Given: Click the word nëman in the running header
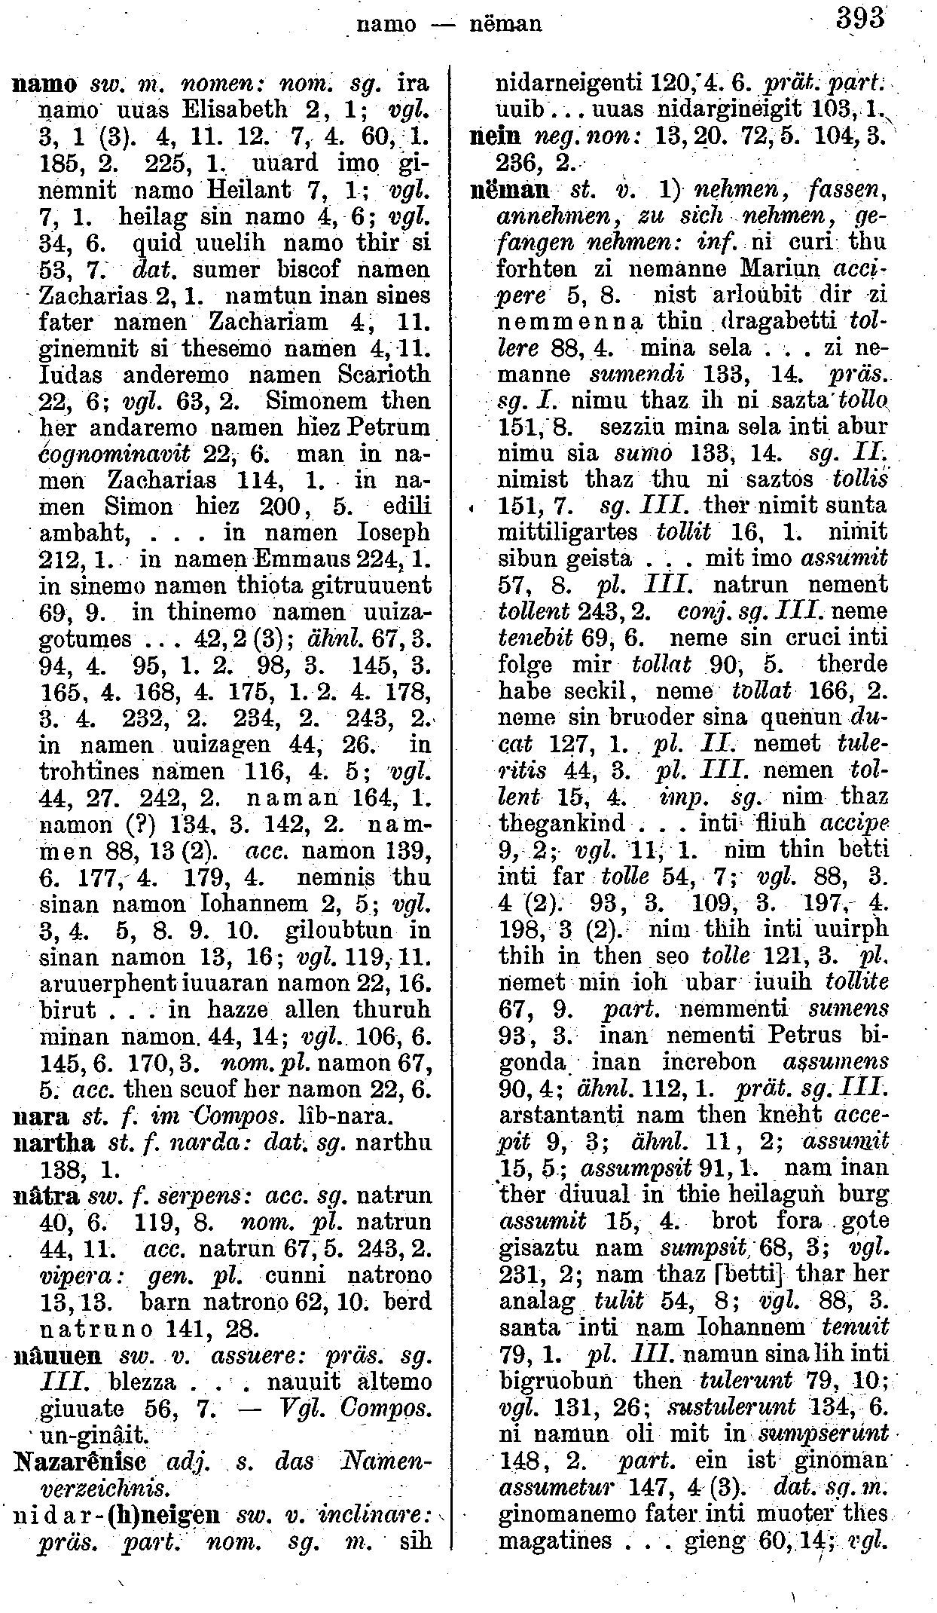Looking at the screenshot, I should point(505,24).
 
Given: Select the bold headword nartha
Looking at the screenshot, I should point(55,1143).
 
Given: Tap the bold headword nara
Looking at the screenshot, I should point(41,1116).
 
